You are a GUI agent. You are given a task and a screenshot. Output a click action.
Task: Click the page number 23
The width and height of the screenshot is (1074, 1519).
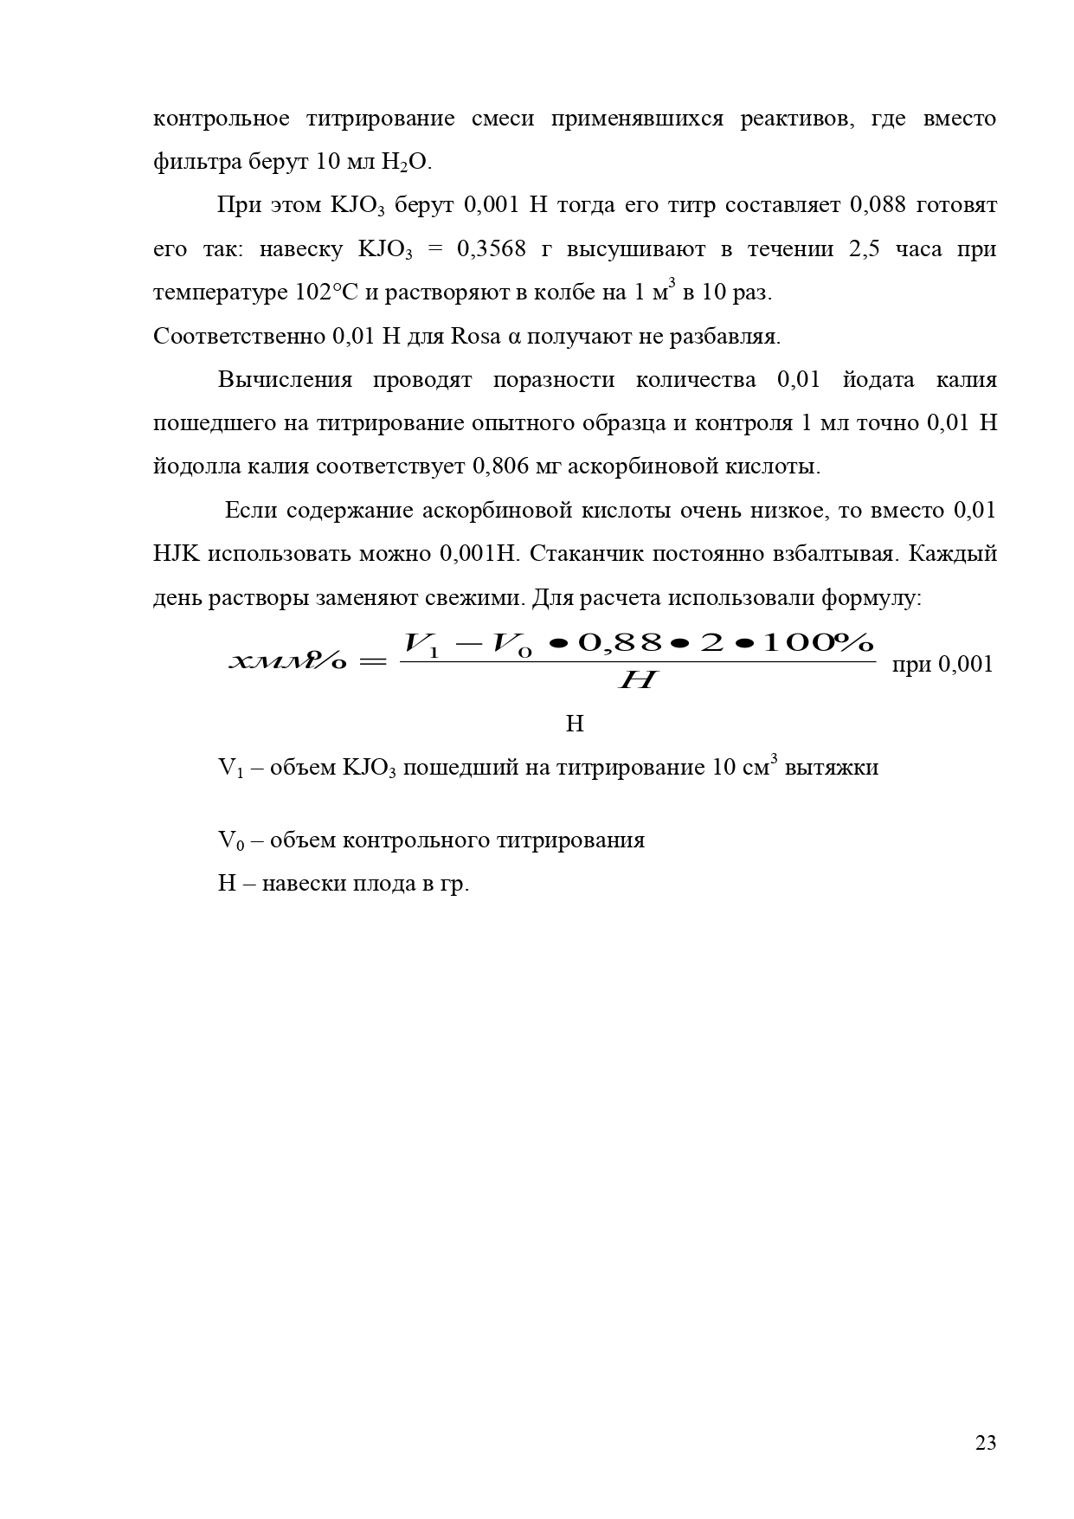click(x=985, y=1443)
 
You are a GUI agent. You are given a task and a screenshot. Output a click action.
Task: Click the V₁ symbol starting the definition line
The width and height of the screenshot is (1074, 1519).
click(x=228, y=768)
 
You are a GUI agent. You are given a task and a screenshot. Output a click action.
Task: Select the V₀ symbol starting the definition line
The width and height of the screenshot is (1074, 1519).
click(x=229, y=840)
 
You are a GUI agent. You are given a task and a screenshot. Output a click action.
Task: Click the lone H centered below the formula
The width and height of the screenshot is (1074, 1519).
click(x=575, y=724)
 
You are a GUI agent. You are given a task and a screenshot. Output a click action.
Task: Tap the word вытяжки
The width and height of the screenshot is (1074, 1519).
click(x=831, y=768)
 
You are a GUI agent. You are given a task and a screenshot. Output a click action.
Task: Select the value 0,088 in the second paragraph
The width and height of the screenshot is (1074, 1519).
click(x=876, y=206)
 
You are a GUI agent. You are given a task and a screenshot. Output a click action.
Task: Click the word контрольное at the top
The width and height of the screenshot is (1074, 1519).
click(x=221, y=119)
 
